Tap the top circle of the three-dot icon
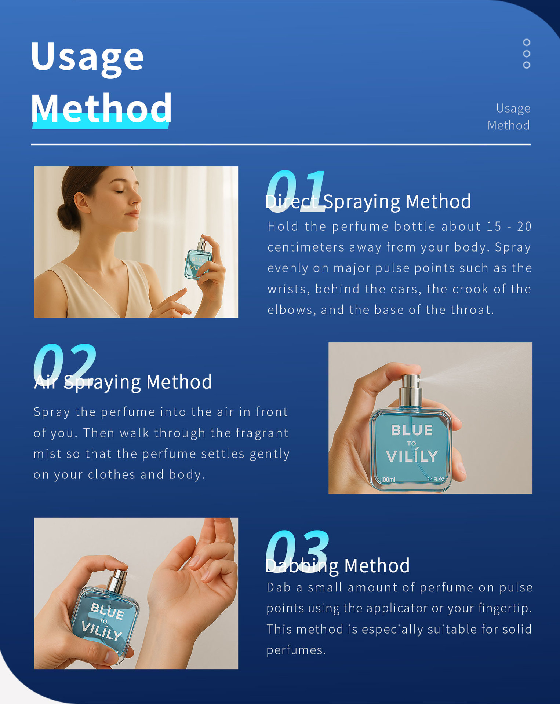527,43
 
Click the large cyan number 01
296,191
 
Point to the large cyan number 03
298,551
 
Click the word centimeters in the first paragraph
306,247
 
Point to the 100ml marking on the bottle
388,480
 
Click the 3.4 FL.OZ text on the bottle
436,479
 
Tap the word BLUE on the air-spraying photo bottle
412,430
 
